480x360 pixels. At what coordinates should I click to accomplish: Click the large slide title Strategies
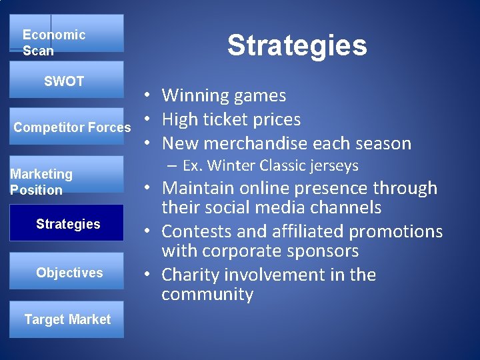coord(297,45)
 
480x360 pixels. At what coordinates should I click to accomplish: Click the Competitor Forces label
coord(72,127)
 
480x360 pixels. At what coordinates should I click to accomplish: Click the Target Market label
coord(67,319)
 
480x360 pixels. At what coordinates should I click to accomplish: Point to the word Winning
coord(193,96)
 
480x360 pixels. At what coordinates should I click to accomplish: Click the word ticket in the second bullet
coord(233,120)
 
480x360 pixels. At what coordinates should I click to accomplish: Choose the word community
coord(207,295)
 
